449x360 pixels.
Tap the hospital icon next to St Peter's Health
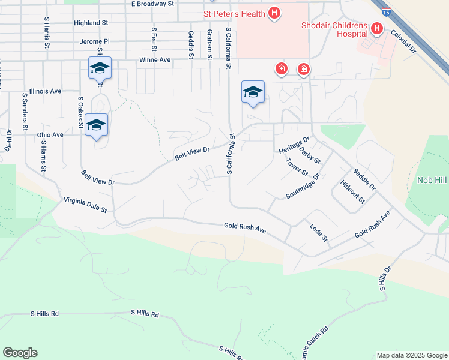point(274,12)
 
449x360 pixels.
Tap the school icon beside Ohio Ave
point(96,125)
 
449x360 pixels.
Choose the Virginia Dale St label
point(85,206)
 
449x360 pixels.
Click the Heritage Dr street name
point(294,144)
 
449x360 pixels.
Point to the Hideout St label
point(352,191)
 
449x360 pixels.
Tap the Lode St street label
point(319,233)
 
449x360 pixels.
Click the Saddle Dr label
point(364,179)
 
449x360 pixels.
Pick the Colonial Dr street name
point(403,42)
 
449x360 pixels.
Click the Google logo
point(20,353)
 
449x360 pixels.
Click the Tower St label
point(297,167)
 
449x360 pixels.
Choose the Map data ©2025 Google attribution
point(412,355)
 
